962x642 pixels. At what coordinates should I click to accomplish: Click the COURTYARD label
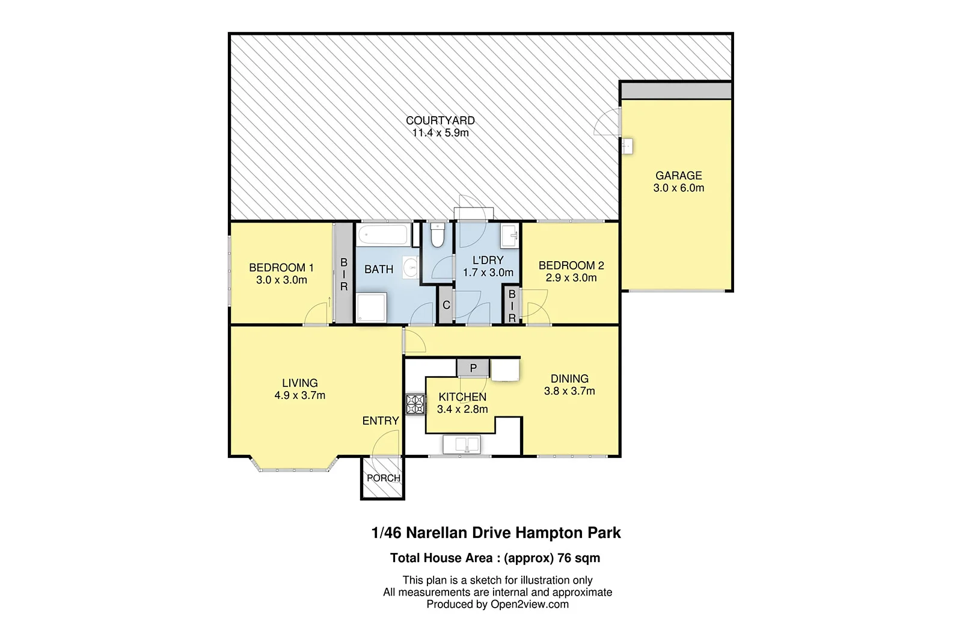(x=440, y=120)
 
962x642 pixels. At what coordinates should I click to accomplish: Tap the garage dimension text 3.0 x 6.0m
(x=678, y=188)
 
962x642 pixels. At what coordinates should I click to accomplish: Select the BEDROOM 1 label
(x=281, y=268)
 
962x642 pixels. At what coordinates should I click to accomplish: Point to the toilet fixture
(x=437, y=235)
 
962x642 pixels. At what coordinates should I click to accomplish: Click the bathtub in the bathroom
(x=384, y=235)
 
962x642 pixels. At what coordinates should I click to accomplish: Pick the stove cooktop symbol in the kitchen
(x=415, y=403)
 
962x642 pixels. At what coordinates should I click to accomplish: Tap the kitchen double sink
(x=461, y=445)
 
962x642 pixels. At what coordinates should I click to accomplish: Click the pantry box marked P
(x=473, y=368)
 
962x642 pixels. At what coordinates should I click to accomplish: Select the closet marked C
(x=446, y=305)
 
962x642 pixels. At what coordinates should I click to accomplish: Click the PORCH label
(x=383, y=478)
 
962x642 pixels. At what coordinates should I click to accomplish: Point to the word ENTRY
(x=380, y=421)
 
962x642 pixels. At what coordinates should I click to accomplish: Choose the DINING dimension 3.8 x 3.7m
(x=569, y=391)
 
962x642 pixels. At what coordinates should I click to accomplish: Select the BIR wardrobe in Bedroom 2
(x=512, y=306)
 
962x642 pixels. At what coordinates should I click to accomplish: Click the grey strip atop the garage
(x=676, y=91)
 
